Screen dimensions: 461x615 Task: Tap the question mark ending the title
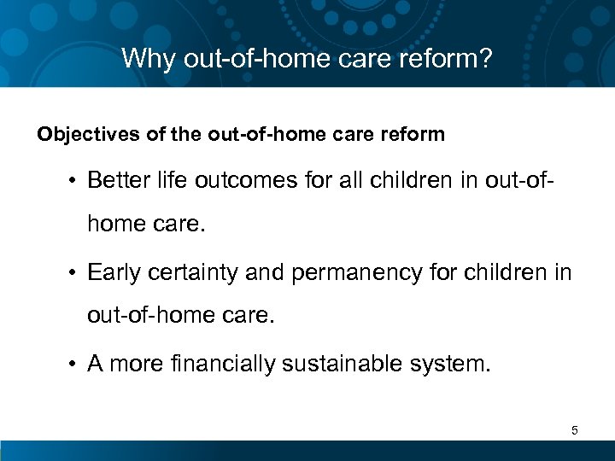click(487, 59)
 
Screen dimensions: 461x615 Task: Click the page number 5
click(575, 431)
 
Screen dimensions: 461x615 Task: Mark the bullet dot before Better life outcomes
click(74, 182)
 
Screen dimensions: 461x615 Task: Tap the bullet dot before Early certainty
click(74, 274)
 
